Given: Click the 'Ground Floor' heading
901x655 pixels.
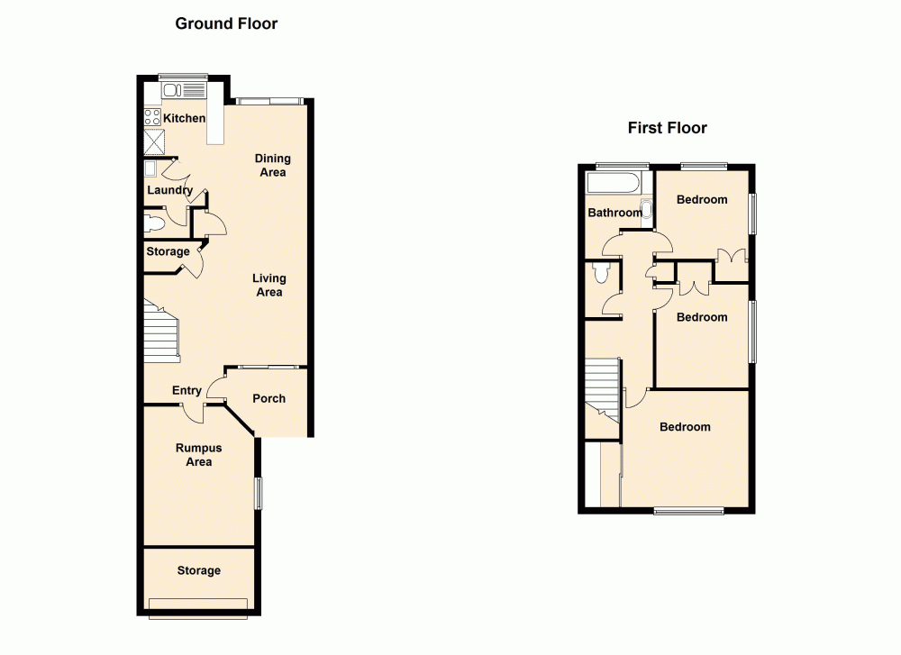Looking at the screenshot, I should coord(226,23).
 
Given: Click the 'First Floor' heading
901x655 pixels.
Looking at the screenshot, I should coord(667,128).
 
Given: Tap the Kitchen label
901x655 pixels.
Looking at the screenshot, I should coord(184,118).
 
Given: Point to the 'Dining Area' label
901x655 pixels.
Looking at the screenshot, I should coord(272,165).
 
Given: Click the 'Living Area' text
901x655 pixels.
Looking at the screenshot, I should coord(269,285).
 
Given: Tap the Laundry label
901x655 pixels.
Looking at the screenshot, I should coord(169,190).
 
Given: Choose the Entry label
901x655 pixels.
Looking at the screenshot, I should coord(187,390).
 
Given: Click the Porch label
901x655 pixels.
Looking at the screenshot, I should coord(268,398).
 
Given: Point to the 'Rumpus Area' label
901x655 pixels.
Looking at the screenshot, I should coord(198,454).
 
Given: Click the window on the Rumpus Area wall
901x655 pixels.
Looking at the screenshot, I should coord(259,493).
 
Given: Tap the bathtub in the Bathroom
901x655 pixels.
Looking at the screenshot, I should coord(613,184).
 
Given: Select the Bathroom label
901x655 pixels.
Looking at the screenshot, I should coord(614,213).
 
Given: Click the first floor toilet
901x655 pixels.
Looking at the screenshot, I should coord(601,274).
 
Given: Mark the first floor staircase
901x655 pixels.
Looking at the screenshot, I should coord(602,388).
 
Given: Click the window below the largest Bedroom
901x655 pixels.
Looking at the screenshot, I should coord(689,512).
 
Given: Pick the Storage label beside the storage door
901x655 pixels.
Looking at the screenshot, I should coord(168,251).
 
